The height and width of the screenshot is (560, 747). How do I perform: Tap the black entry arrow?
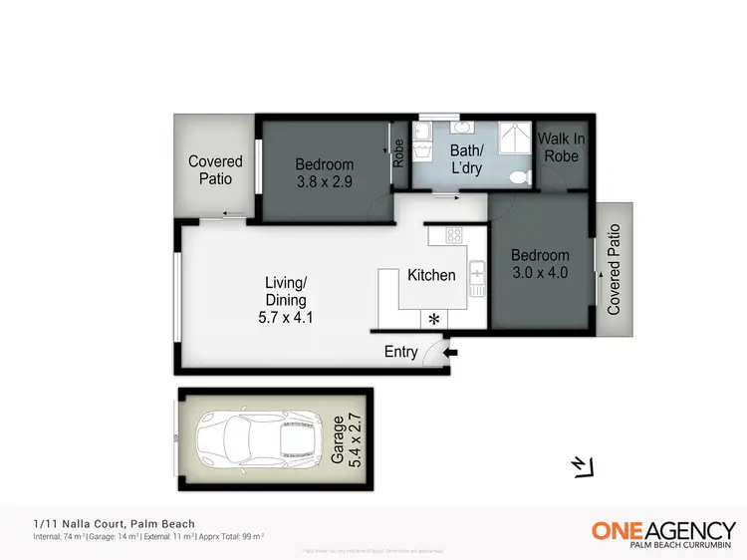click(x=451, y=352)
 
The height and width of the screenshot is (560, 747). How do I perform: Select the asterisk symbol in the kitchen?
click(x=433, y=319)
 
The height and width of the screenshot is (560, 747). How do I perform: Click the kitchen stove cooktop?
click(x=454, y=236)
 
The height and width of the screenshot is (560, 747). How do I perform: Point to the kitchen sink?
click(x=476, y=269)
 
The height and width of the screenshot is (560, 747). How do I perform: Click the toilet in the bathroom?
click(x=517, y=177)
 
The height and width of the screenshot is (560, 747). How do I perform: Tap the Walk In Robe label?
click(x=561, y=147)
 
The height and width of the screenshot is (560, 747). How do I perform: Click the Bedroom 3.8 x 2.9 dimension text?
click(x=325, y=182)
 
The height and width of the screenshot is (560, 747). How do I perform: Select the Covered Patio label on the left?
click(x=215, y=169)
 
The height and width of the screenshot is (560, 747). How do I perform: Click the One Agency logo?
click(x=663, y=532)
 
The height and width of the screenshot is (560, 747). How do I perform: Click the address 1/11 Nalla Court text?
click(x=110, y=523)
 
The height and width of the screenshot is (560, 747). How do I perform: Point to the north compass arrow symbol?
click(x=581, y=465)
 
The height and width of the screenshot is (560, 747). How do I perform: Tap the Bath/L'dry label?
click(x=466, y=160)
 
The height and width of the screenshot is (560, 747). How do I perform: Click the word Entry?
click(x=401, y=352)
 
